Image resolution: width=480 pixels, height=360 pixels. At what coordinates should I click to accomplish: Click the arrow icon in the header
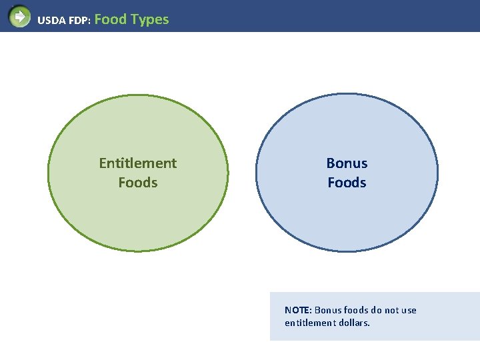[20, 16]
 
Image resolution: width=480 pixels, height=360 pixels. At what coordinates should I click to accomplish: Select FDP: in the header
[79, 21]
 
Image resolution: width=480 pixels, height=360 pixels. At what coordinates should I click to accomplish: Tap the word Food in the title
[111, 19]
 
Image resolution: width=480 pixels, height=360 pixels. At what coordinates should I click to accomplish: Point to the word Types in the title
[150, 19]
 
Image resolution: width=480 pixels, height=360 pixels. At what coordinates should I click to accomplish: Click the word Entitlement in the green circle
[138, 163]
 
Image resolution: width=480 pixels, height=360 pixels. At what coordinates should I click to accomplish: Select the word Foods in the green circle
[138, 183]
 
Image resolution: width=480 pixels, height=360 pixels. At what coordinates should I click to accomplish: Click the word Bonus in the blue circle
[347, 163]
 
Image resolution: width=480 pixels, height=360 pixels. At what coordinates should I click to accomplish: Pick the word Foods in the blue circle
[347, 183]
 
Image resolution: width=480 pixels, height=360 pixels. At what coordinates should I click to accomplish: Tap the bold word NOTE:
[298, 310]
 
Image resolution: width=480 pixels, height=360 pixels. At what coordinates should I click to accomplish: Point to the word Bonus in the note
[327, 310]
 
